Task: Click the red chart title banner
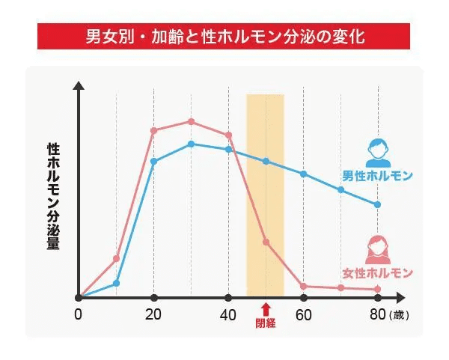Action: tap(224, 36)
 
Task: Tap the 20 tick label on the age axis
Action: tap(153, 314)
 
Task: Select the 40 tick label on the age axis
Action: tap(228, 314)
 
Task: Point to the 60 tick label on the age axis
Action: tap(303, 314)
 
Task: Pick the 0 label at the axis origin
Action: tap(78, 314)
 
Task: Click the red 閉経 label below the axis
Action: tap(266, 324)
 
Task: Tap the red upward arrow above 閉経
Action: tap(266, 309)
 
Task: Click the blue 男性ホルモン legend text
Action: tap(377, 177)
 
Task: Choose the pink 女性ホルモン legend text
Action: tap(377, 272)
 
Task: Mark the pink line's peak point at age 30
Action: tap(191, 121)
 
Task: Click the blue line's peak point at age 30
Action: tap(191, 144)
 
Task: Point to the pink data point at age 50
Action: tap(266, 242)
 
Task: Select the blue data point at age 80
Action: tap(377, 204)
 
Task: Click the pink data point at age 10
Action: tap(116, 258)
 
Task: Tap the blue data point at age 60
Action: tap(303, 174)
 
